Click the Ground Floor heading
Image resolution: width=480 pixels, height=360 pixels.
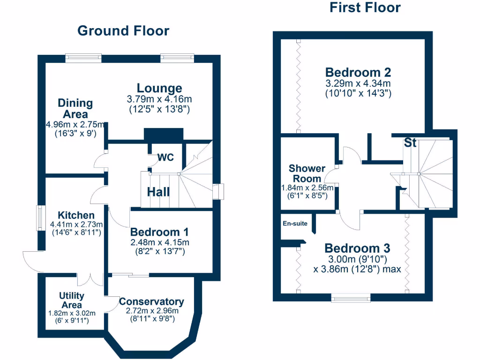(123, 31)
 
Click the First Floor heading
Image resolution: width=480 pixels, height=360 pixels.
(365, 7)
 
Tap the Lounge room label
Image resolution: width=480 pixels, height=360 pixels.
(159, 88)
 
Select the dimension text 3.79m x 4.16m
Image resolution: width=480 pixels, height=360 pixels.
(159, 99)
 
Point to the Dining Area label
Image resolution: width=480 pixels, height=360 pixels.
(75, 108)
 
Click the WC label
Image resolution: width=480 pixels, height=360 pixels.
(165, 157)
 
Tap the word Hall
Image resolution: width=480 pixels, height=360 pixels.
(158, 192)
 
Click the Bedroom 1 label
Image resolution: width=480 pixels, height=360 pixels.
(159, 232)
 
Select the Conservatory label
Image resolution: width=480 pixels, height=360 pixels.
(151, 301)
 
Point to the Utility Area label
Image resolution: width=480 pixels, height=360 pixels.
(72, 300)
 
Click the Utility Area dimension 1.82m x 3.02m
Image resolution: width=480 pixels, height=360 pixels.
(72, 313)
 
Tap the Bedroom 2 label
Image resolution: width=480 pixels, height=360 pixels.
(358, 72)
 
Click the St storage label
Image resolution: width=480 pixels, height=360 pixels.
(410, 143)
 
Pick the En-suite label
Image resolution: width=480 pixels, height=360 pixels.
(295, 224)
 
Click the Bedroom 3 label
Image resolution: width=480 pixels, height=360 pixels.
(357, 248)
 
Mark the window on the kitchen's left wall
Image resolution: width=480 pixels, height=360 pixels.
(42, 218)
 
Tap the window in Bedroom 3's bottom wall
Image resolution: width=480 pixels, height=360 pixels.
(351, 297)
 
